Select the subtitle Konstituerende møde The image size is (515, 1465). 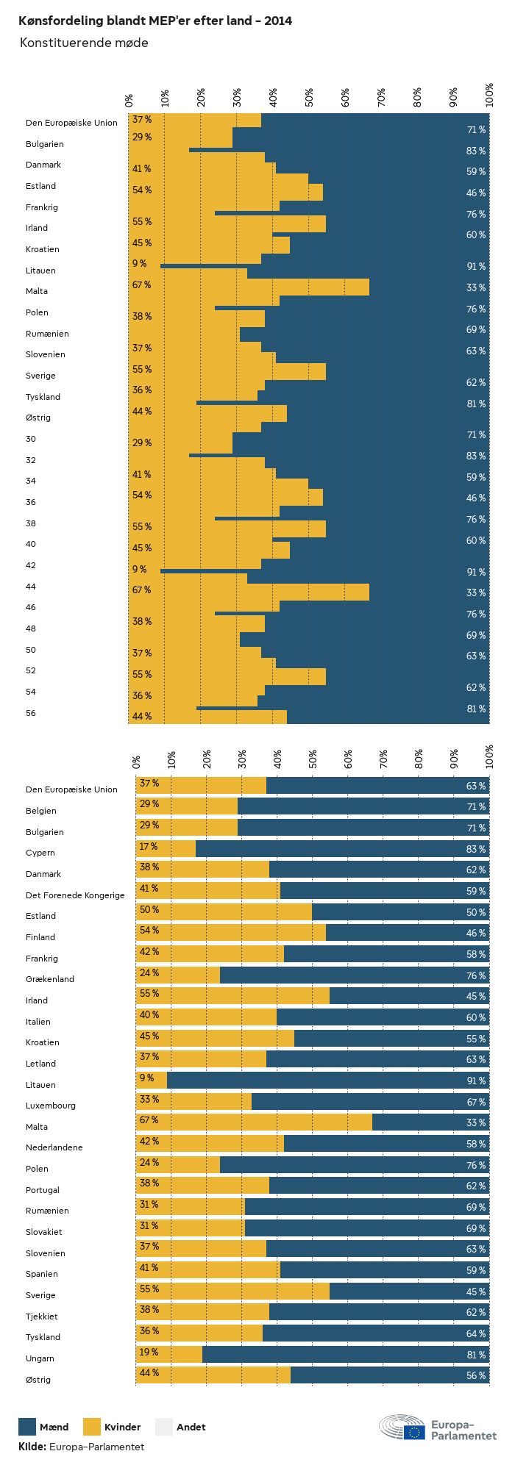tap(84, 43)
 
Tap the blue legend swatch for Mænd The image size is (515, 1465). tap(27, 1427)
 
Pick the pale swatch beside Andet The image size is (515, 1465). tap(164, 1427)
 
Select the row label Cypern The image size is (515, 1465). tap(40, 853)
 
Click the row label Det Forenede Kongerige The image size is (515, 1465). tap(75, 895)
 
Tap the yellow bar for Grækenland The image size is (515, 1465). tap(179, 975)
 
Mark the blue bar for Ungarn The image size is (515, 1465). tap(346, 1355)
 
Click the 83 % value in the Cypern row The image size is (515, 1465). tap(475, 849)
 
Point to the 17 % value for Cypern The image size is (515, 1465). tap(149, 847)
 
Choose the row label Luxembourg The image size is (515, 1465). tap(51, 1106)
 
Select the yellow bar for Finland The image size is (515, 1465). tap(231, 933)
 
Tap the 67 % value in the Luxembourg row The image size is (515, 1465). tap(475, 1102)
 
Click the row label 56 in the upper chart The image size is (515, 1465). tap(31, 713)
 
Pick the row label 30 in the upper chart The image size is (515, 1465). tap(31, 439)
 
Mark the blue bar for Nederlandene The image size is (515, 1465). tap(386, 1144)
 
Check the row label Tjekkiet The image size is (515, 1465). tap(42, 1317)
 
